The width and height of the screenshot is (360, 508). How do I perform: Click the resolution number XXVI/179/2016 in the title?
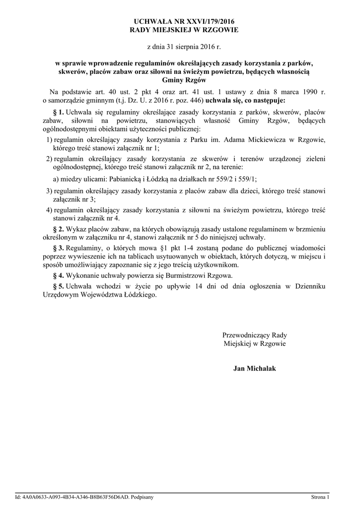coord(208,21)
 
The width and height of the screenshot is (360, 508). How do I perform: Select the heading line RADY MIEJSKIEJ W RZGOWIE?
coord(184,30)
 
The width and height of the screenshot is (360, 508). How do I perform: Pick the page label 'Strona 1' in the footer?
coord(320,497)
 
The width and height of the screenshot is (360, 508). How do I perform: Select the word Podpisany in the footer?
coord(143,497)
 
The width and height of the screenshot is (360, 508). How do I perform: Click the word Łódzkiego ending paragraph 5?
coord(136,294)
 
